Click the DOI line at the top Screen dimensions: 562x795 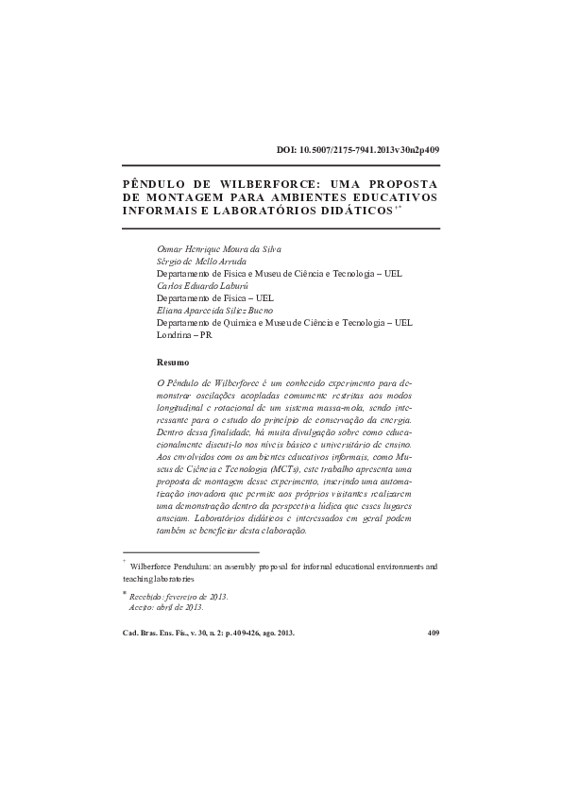pos(357,150)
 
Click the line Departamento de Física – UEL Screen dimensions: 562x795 pos(214,296)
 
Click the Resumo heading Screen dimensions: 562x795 pos(173,363)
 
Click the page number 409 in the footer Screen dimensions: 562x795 pos(434,634)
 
